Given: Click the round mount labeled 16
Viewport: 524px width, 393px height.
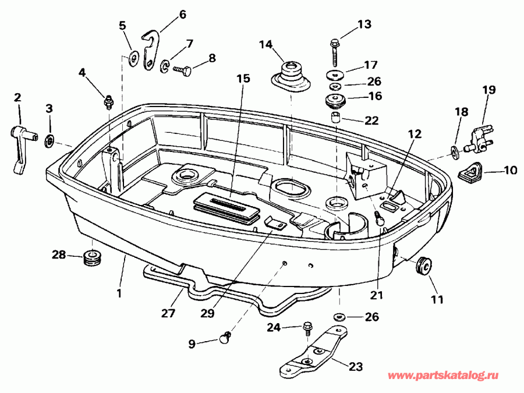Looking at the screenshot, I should click(335, 101).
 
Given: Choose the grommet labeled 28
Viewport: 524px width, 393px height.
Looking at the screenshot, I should click(92, 257).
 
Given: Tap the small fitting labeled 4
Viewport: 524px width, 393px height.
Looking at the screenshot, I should click(108, 102).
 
